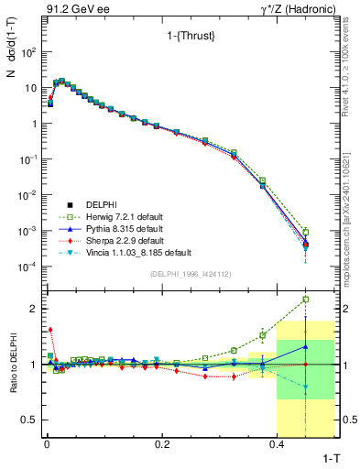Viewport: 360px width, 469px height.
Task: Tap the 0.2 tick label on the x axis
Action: [162, 443]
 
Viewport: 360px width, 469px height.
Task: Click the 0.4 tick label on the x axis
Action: [278, 443]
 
